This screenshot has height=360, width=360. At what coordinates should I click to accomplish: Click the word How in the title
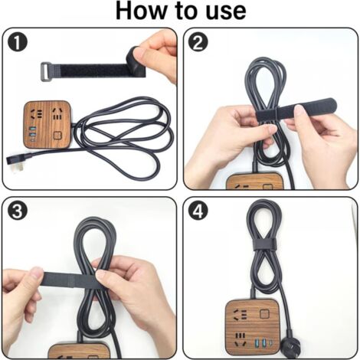point(142,11)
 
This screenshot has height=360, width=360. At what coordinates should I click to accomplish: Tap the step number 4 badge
point(198,211)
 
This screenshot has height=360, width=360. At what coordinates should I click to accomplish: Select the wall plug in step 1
point(16,159)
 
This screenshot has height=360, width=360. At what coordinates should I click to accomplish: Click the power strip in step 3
point(77,351)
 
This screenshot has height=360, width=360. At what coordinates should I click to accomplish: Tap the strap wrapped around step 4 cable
point(263,244)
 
